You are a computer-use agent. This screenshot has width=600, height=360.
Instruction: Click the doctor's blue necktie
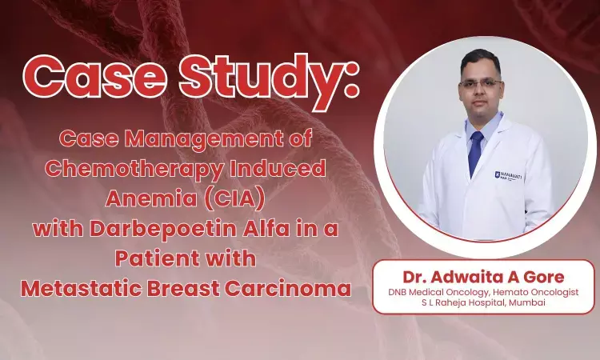pyautogui.click(x=476, y=152)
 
